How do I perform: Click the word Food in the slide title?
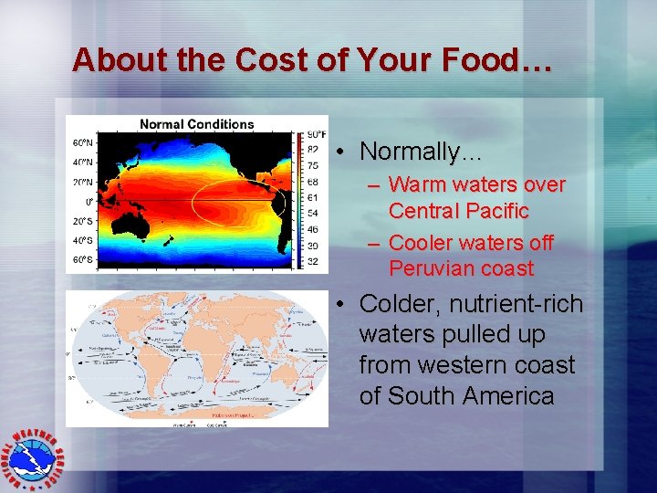pyautogui.click(x=492, y=59)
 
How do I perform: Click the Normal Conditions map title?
pyautogui.click(x=196, y=124)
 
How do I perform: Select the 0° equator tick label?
pyautogui.click(x=88, y=201)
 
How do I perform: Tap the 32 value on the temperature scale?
pyautogui.click(x=312, y=262)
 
